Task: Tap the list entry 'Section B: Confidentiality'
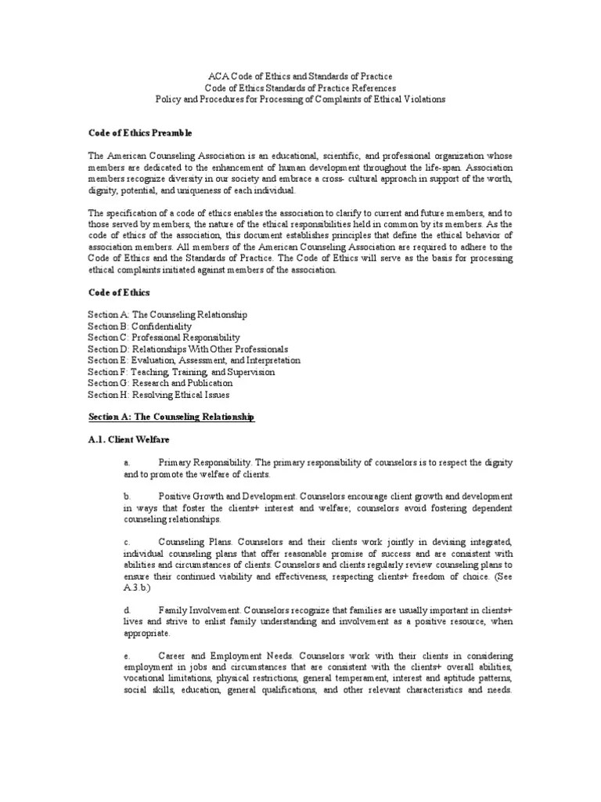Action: click(139, 326)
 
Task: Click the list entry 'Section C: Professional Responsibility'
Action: click(164, 338)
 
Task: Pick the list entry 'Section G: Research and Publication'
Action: click(160, 384)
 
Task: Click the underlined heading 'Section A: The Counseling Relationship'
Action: click(171, 418)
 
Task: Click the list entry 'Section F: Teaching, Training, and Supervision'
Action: click(181, 372)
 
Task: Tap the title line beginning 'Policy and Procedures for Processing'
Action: click(300, 100)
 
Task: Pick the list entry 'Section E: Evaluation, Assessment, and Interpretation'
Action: click(194, 361)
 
